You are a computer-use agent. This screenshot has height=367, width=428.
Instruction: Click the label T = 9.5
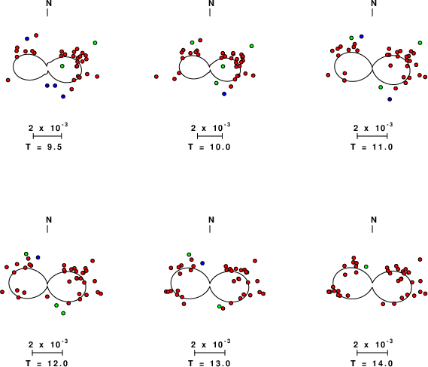[44, 147]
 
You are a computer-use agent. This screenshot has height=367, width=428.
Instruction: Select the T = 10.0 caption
[209, 147]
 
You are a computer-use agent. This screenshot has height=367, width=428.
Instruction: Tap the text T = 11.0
[372, 147]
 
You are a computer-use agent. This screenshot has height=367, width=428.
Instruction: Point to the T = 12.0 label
[47, 363]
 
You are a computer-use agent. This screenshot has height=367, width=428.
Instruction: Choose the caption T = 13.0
[209, 363]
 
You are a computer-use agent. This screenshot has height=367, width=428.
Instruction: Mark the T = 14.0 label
[372, 363]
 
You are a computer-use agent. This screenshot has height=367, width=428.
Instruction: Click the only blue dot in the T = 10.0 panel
[224, 94]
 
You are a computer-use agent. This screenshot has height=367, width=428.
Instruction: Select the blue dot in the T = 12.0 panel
[38, 257]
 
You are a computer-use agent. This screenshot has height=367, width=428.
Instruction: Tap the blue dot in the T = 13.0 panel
[202, 263]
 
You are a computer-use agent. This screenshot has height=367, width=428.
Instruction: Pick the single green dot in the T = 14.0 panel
[366, 266]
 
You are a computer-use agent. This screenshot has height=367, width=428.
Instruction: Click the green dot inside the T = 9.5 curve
[62, 66]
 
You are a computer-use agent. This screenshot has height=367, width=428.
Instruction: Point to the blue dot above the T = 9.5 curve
[27, 39]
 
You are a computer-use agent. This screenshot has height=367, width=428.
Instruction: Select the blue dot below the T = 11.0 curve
[390, 99]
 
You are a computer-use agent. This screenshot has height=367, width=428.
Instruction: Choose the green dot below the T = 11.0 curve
[381, 87]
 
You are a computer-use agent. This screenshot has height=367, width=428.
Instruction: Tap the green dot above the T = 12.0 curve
[26, 253]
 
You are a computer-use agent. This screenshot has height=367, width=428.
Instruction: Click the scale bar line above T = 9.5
[47, 136]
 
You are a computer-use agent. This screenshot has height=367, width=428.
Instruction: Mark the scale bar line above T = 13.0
[210, 353]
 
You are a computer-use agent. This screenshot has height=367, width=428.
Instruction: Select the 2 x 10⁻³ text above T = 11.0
[373, 127]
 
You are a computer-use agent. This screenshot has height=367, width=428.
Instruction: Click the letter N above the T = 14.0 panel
[374, 220]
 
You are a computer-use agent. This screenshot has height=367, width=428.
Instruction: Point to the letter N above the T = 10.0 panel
[211, 3]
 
